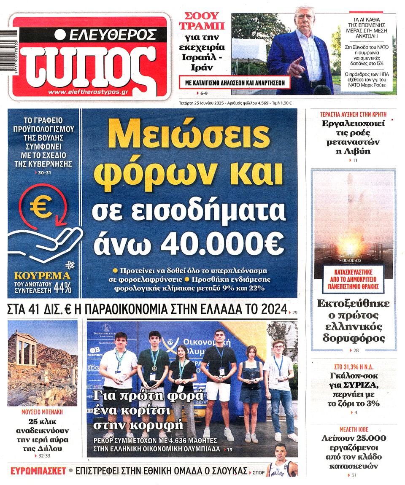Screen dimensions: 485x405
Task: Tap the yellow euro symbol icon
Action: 40,207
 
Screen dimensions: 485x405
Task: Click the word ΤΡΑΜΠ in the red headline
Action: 202,26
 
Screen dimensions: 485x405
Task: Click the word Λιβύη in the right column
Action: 353,151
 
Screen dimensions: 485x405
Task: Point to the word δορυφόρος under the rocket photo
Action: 354,338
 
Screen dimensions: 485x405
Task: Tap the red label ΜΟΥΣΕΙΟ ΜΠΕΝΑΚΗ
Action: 42,412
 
